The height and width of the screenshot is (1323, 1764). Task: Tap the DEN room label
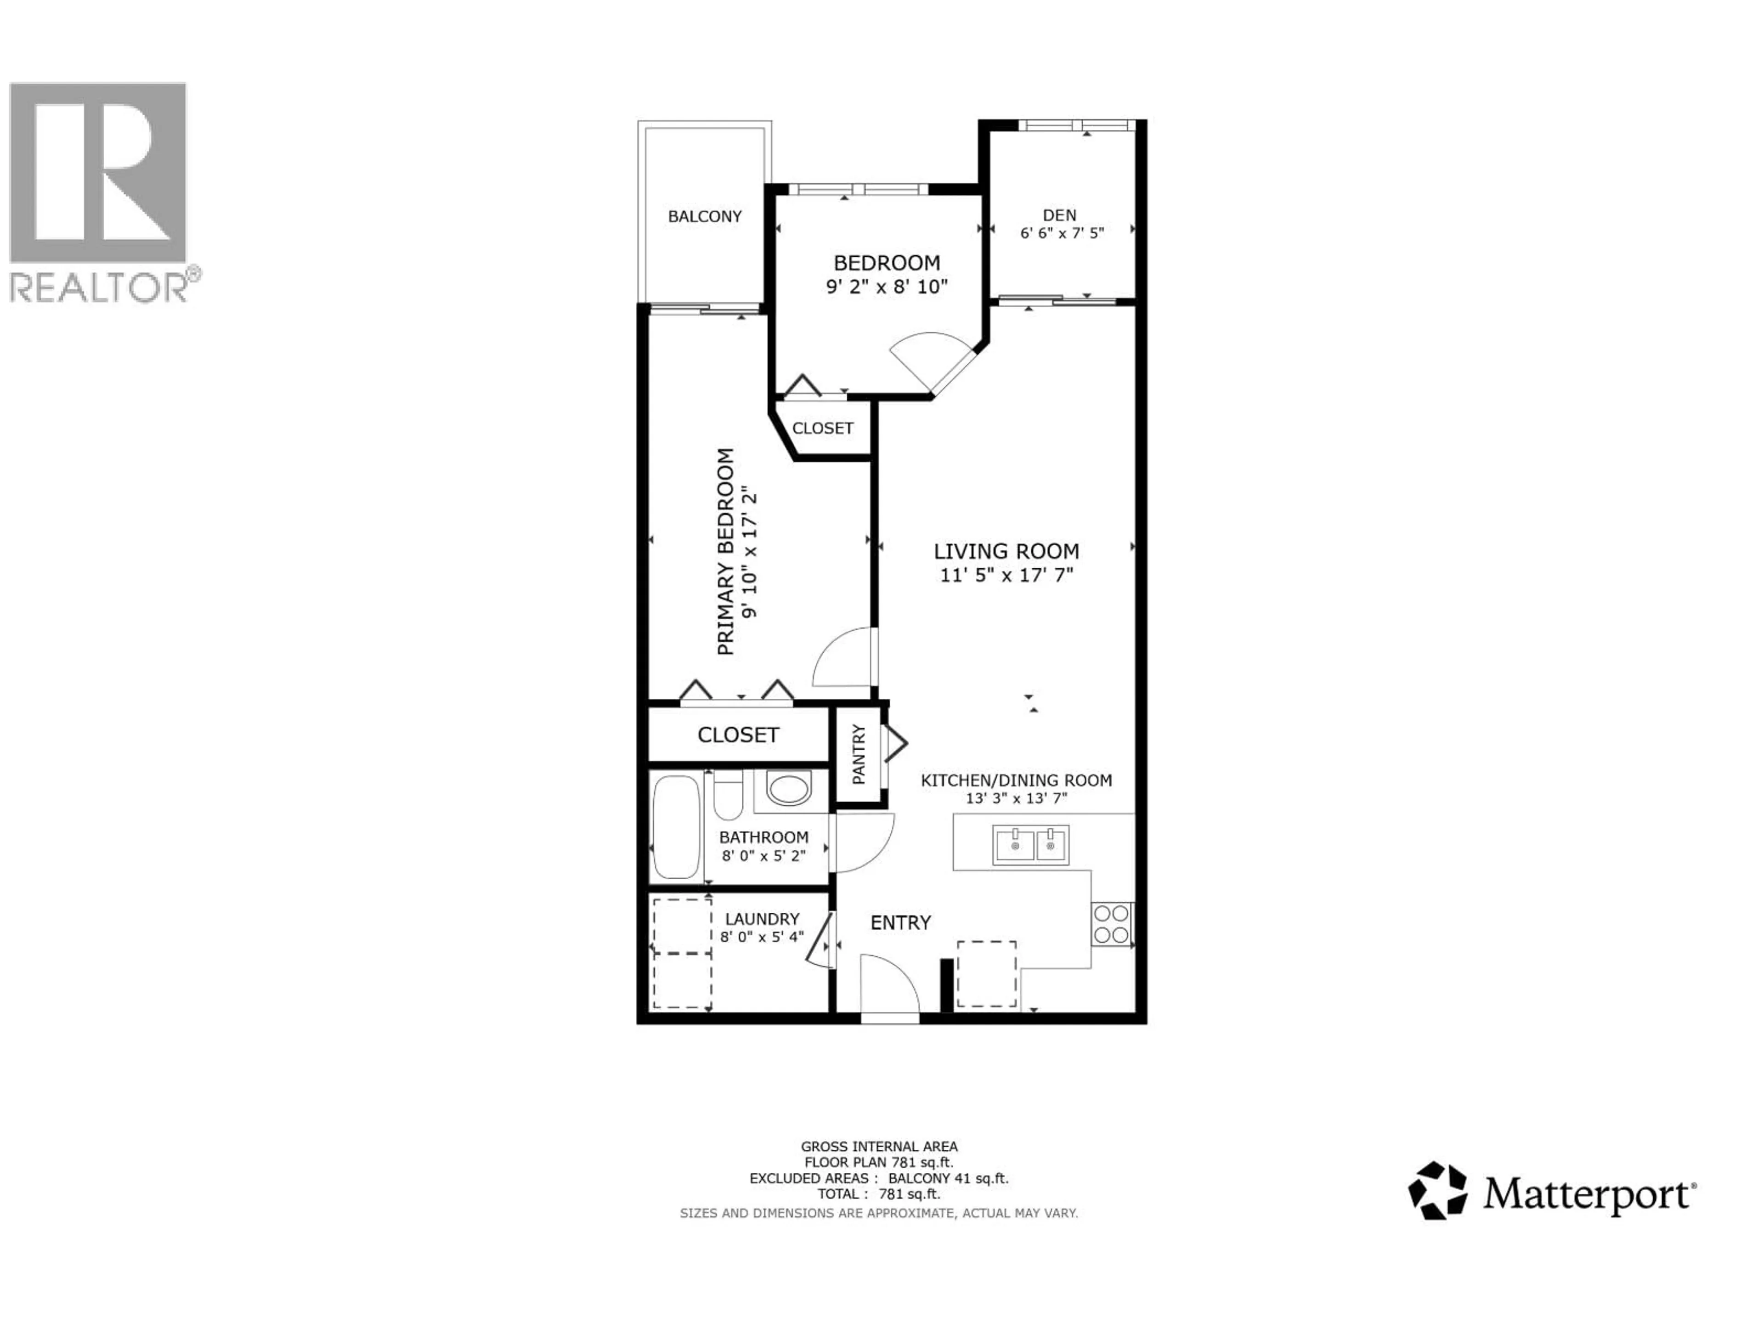(x=1059, y=215)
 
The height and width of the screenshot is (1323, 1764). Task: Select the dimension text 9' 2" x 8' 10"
(x=886, y=286)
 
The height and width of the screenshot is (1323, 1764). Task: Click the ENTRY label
(x=900, y=923)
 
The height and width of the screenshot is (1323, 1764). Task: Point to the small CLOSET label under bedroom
(x=822, y=428)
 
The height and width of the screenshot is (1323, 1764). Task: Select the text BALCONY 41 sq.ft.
(x=948, y=1178)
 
